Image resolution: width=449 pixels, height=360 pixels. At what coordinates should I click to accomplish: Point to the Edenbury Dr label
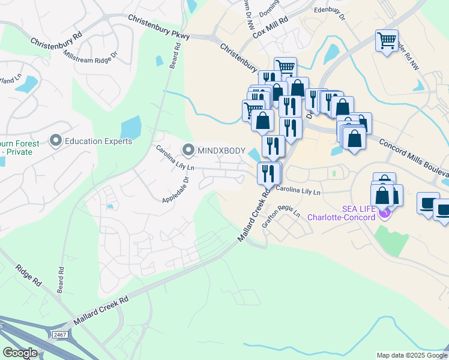pyautogui.click(x=330, y=13)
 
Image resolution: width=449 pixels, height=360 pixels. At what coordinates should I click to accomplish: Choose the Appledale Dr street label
pyautogui.click(x=175, y=188)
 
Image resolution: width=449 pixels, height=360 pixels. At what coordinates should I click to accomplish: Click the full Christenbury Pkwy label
pyautogui.click(x=159, y=28)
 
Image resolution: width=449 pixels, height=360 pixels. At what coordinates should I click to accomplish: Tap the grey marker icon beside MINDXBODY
pyautogui.click(x=188, y=149)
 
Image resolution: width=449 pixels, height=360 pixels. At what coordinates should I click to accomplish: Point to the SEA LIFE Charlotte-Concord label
pyautogui.click(x=342, y=212)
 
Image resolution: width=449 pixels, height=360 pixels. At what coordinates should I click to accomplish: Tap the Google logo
pyautogui.click(x=20, y=352)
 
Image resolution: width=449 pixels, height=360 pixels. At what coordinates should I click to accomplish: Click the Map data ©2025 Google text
pyautogui.click(x=412, y=355)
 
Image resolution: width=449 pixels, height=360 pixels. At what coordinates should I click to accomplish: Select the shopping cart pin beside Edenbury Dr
pyautogui.click(x=387, y=41)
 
